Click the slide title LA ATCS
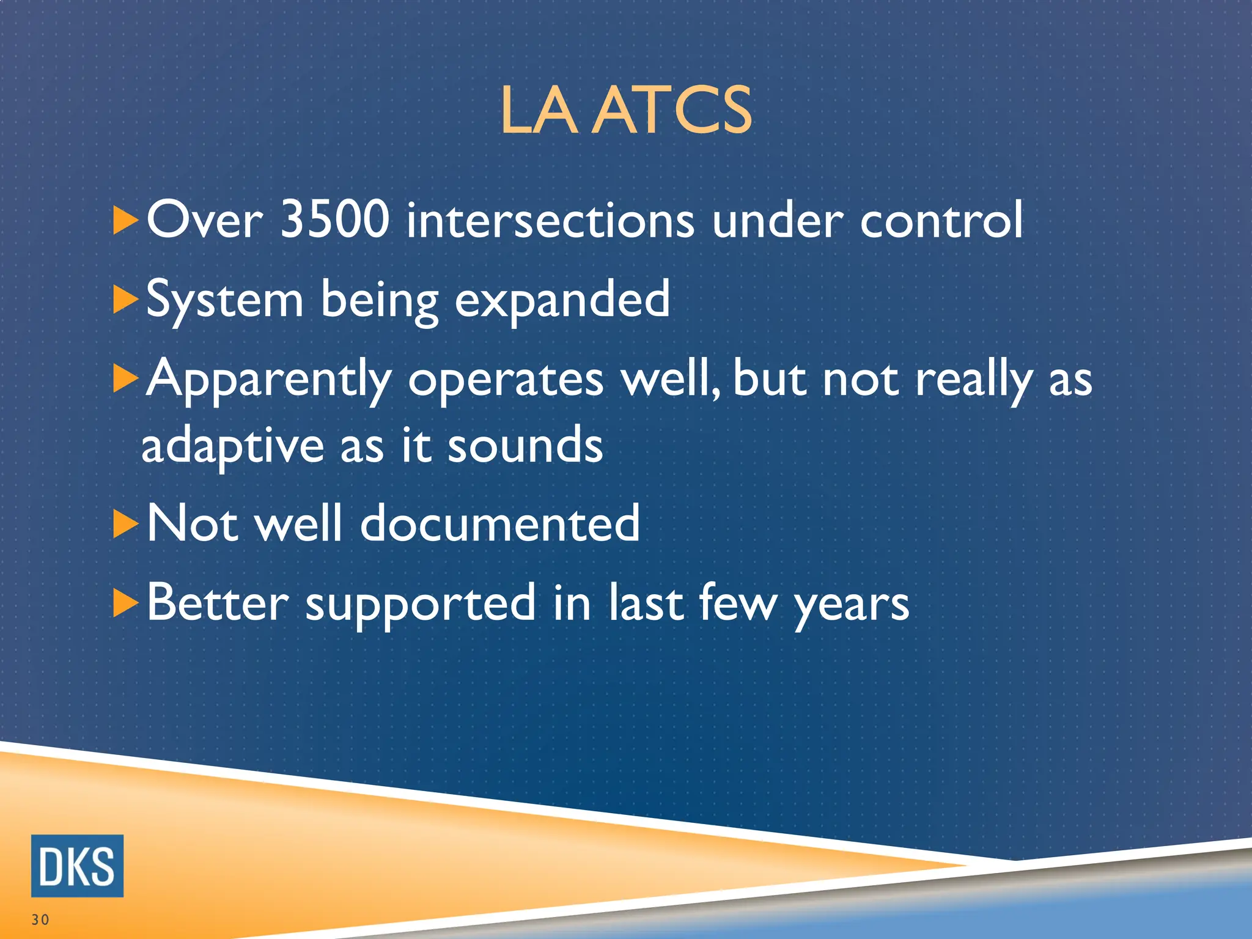[626, 111]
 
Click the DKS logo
[77, 866]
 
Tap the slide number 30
[40, 919]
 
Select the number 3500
[334, 219]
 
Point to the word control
[941, 221]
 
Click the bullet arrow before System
[125, 300]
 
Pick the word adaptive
[232, 447]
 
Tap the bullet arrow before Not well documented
[125, 524]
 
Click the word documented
[499, 524]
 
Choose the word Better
[218, 603]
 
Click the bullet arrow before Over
[125, 220]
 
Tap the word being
[380, 301]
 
